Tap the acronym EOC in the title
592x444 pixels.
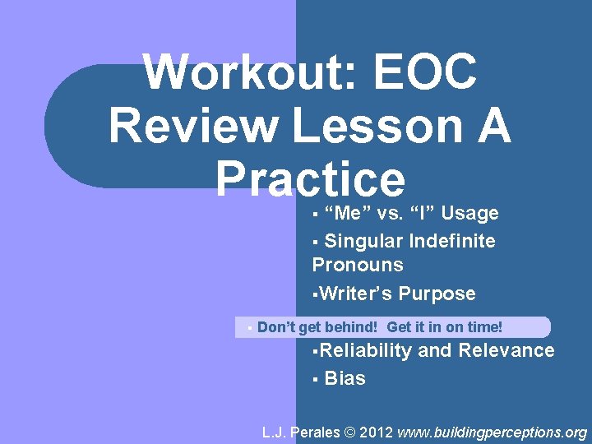425,74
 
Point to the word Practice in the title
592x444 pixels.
310,178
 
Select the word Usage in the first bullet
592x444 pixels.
469,214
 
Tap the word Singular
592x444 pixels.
363,241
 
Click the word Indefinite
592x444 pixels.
452,241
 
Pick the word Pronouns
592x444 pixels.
358,265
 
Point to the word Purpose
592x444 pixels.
437,294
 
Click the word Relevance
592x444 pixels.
506,350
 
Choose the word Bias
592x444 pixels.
345,378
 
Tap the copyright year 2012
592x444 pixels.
377,432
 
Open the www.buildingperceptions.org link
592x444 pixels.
493,432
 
